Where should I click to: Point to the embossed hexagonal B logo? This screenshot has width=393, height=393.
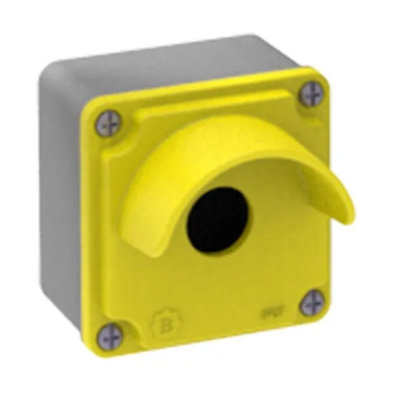tap(160, 323)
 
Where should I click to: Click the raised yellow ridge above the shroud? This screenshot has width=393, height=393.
tap(196, 105)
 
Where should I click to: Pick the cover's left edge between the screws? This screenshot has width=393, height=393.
tap(92, 229)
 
